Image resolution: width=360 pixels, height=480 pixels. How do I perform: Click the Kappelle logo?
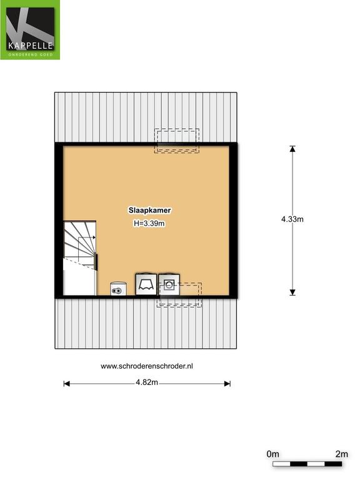30,30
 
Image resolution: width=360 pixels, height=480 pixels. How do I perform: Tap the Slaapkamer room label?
149,210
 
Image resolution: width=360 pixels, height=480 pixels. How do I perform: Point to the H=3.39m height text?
149,224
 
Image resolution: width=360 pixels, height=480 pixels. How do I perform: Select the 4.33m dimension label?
292,219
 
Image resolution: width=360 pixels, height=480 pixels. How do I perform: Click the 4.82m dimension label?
147,382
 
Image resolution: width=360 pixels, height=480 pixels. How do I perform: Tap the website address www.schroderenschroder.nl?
147,366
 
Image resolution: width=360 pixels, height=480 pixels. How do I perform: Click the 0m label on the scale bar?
272,454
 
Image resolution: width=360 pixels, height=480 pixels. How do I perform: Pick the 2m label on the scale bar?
342,454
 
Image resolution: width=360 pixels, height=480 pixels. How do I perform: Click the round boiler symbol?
118,289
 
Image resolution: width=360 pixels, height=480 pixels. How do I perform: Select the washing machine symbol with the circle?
169,284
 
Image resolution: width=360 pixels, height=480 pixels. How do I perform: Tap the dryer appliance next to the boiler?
146,284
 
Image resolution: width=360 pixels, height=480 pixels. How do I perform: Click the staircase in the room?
79,258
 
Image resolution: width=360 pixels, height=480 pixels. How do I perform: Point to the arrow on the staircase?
87,237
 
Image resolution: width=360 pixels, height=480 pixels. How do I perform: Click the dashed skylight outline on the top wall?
177,141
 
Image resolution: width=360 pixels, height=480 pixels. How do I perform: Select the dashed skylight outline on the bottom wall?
179,295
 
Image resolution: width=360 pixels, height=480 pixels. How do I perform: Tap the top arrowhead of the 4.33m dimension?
292,149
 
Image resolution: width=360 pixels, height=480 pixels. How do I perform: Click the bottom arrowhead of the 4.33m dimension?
292,292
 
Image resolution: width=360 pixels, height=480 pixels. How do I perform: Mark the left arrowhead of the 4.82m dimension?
66,384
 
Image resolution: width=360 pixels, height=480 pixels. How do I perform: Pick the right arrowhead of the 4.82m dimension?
227,384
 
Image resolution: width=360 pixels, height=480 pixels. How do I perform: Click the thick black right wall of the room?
233,221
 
